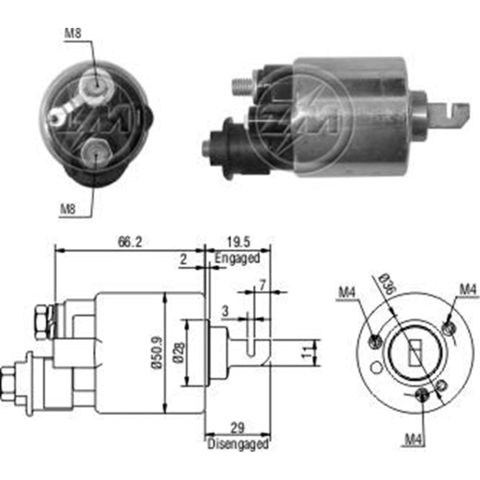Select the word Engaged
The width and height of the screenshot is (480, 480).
[x=237, y=258]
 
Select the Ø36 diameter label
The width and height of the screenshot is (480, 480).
[x=387, y=284]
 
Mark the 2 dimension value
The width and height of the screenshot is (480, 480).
[x=183, y=260]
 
